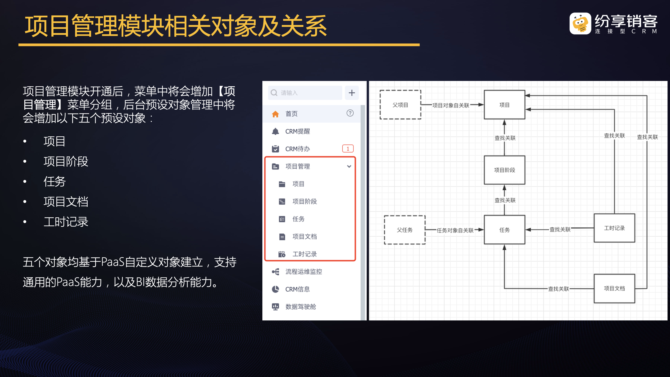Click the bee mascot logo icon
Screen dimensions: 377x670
[580, 23]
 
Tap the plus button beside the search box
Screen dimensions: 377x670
[352, 93]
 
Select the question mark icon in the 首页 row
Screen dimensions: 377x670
[350, 113]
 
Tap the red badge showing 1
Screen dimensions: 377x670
[348, 148]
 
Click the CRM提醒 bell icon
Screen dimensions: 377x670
[275, 131]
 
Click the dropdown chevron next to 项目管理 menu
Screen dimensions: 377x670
[349, 167]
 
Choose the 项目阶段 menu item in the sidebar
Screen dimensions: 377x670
[304, 201]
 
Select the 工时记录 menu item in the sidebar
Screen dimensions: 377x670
[304, 254]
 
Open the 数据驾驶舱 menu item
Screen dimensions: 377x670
[300, 307]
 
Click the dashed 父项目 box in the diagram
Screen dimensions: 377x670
[400, 105]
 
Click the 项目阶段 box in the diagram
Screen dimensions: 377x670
[504, 170]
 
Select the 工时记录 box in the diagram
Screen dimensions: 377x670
[614, 228]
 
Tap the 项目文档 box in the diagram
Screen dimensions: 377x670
[614, 288]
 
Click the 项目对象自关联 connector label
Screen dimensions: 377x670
[451, 105]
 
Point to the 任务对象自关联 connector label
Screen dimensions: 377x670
[455, 230]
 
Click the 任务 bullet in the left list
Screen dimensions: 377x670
[55, 182]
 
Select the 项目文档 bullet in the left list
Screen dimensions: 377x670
[66, 202]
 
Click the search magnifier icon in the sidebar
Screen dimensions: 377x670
[274, 93]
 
